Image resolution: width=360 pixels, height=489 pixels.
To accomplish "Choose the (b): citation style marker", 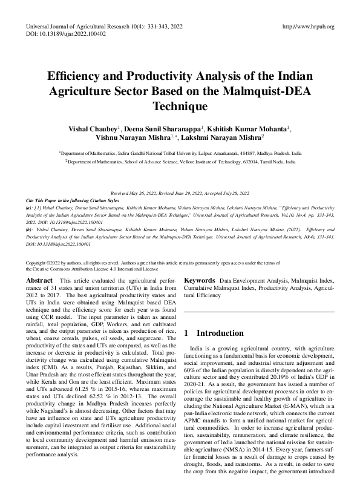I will click(30, 230).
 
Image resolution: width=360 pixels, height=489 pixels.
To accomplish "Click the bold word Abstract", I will click(39, 281).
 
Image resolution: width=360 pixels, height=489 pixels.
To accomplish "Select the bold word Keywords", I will click(199, 281).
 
